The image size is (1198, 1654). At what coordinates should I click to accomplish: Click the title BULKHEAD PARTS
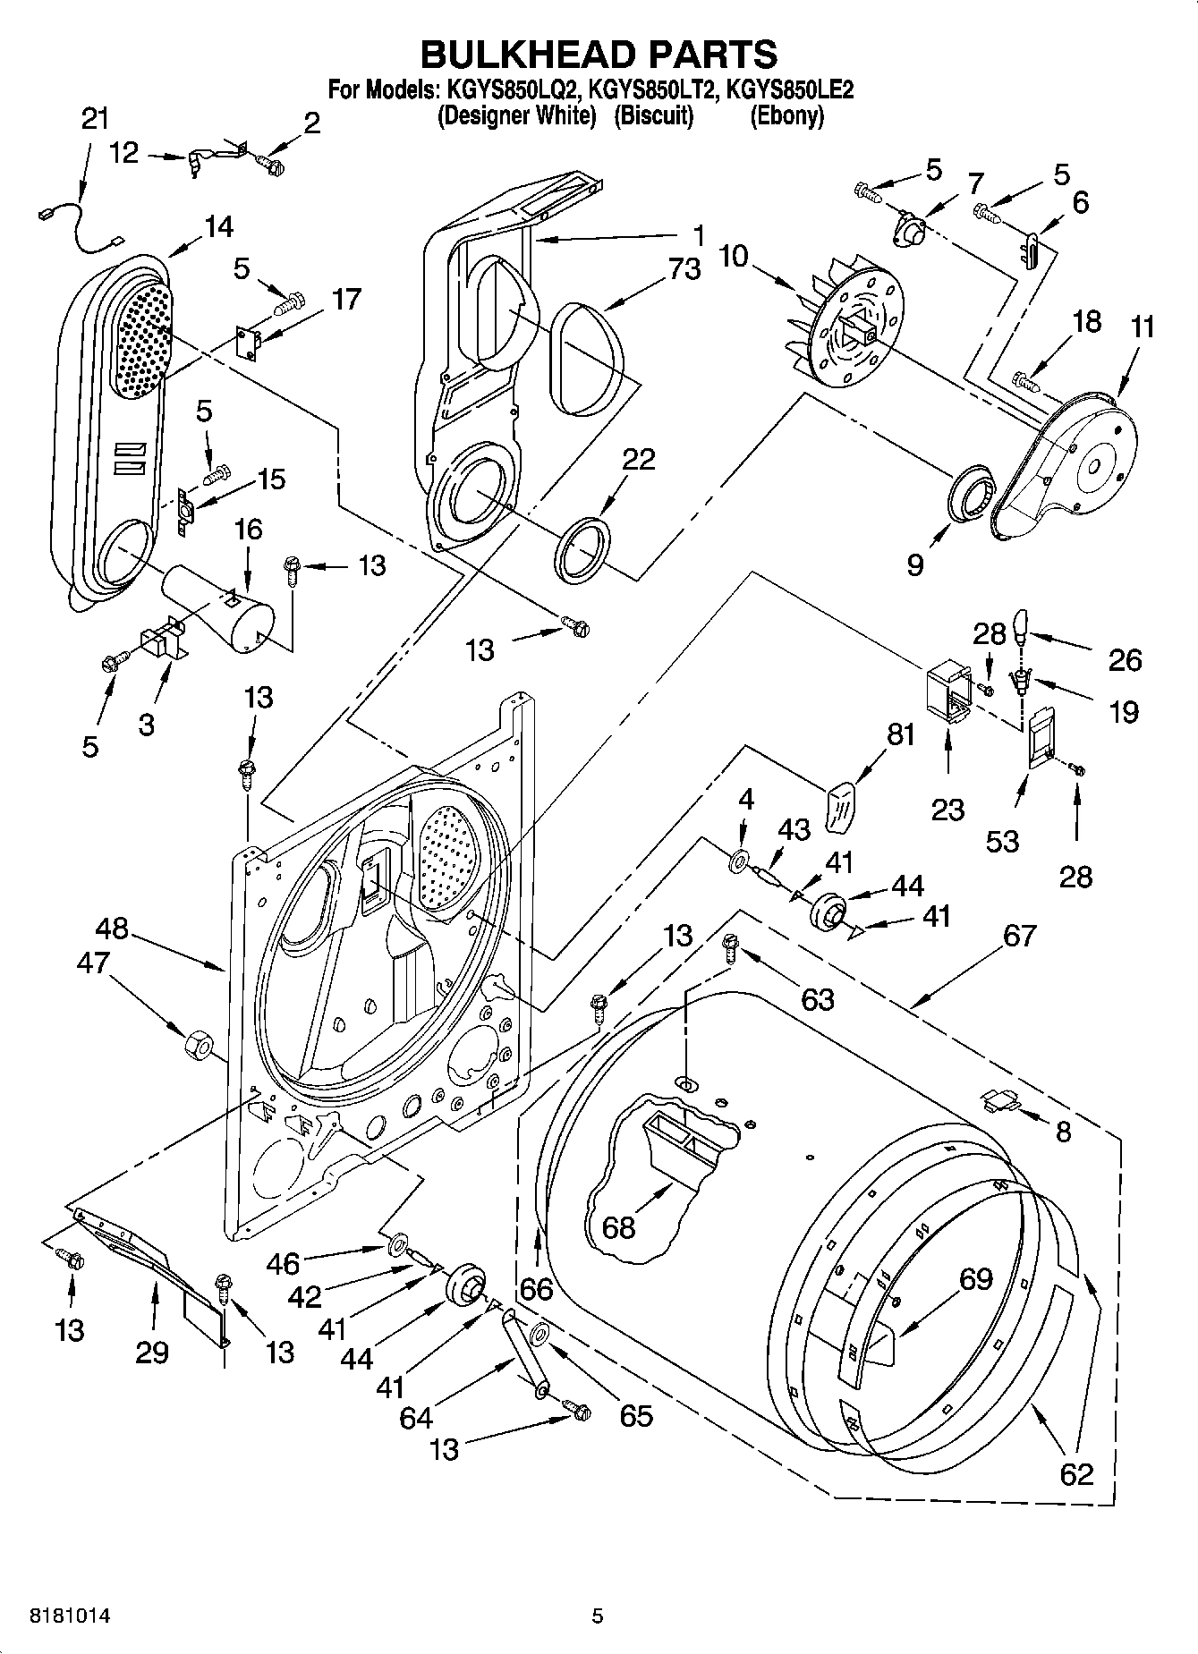click(599, 55)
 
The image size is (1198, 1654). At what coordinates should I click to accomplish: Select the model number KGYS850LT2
click(652, 89)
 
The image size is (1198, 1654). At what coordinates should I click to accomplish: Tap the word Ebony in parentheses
click(786, 116)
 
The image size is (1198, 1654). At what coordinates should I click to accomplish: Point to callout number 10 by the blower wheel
click(734, 256)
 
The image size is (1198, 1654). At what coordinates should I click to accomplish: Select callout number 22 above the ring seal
click(638, 459)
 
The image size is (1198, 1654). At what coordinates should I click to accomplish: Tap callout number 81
click(901, 734)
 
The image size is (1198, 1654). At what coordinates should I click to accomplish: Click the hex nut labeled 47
click(196, 1044)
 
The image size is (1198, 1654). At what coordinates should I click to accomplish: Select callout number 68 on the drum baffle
click(618, 1226)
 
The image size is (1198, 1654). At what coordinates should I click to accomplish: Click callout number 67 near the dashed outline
click(1019, 937)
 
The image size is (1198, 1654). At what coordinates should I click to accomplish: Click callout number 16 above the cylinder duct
click(248, 530)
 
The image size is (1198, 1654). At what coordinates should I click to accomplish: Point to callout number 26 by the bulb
click(1125, 660)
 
